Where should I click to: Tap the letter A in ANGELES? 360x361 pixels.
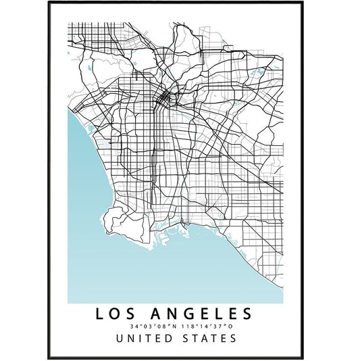[x=154, y=314]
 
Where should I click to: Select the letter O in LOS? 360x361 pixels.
[x=118, y=314]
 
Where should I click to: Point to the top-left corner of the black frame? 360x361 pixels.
[x=49, y=2]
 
